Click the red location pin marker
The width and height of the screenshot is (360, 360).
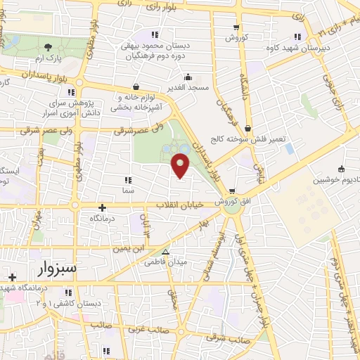coord(181,167)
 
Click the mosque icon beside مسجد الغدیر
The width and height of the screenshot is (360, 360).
coord(187,77)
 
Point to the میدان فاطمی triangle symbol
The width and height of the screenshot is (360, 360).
coord(166,252)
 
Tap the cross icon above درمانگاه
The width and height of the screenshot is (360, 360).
coord(103,207)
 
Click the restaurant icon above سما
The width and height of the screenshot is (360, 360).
coord(128,179)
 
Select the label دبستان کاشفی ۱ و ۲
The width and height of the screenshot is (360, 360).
coord(78,302)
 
